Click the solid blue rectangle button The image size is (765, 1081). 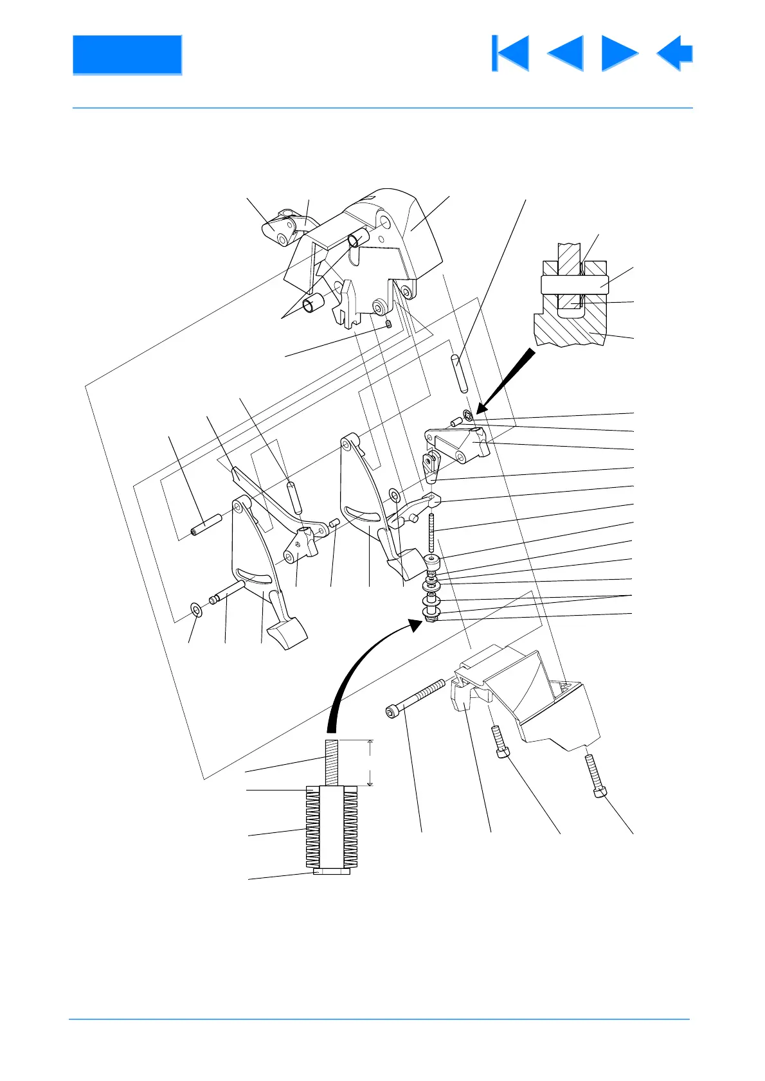coord(127,55)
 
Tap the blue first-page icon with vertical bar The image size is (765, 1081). coord(510,53)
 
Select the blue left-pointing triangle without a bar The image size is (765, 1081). coord(565,53)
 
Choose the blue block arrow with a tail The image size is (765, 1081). coord(674,53)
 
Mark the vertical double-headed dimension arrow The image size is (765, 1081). coord(370,762)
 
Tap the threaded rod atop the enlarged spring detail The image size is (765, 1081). coord(330,762)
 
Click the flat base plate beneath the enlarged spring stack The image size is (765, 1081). coord(332,872)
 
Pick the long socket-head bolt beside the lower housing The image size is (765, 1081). coord(415,699)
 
